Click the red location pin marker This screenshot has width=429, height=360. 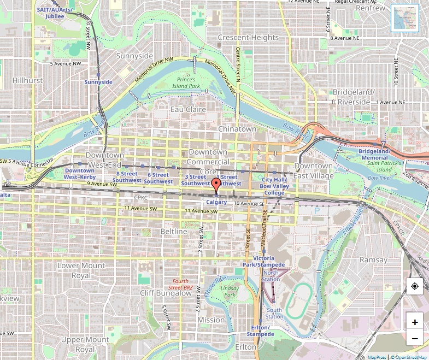pyautogui.click(x=216, y=185)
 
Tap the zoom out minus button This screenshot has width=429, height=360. pyautogui.click(x=415, y=339)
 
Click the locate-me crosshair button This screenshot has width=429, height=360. pyautogui.click(x=415, y=286)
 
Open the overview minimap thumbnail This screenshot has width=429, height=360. pyautogui.click(x=405, y=18)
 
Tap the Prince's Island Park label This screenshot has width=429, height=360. pyautogui.click(x=187, y=83)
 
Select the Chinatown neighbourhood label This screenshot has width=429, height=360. pyautogui.click(x=237, y=128)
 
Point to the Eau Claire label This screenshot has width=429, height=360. pyautogui.click(x=188, y=109)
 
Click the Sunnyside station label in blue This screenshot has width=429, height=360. pyautogui.click(x=98, y=82)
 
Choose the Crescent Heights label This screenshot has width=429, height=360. pyautogui.click(x=248, y=37)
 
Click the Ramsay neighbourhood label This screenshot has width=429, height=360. pyautogui.click(x=374, y=259)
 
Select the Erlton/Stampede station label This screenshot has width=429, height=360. pyautogui.click(x=260, y=331)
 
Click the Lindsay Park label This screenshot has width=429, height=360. pyautogui.click(x=229, y=291)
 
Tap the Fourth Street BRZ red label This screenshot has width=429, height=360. pyautogui.click(x=180, y=284)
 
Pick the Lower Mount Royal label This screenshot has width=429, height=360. pyautogui.click(x=81, y=270)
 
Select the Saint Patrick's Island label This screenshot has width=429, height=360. pyautogui.click(x=387, y=167)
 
